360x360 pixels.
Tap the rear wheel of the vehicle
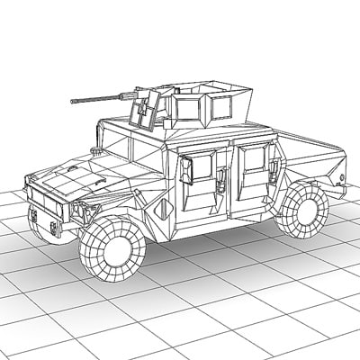(x=302, y=210)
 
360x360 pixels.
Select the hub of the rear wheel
(x=302, y=210)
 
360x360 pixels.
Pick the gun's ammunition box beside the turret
(x=142, y=113)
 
